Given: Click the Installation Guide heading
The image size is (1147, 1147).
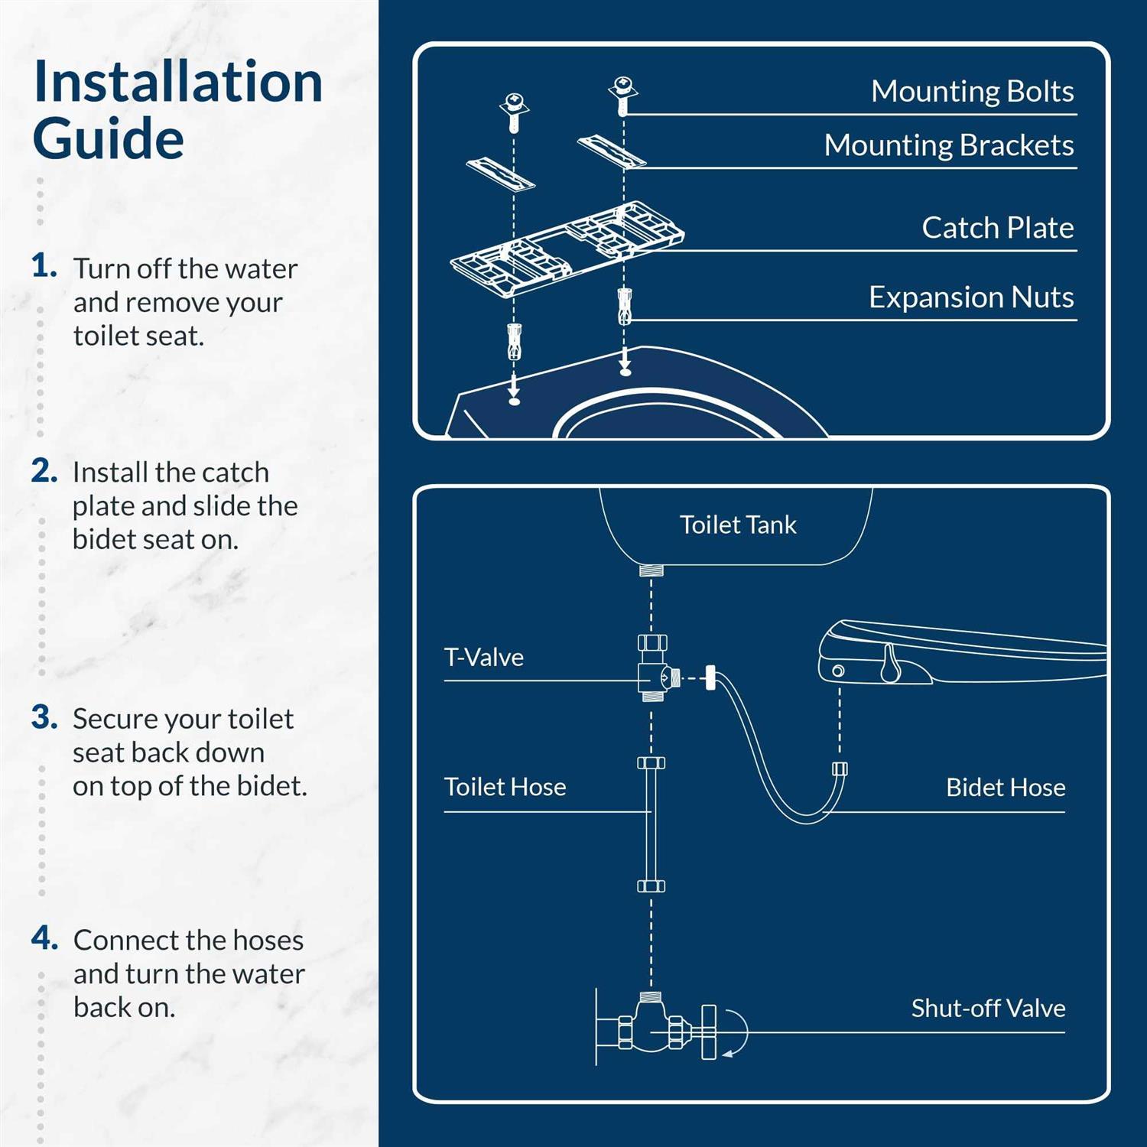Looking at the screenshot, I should [177, 111].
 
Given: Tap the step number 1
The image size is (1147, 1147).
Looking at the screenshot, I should [44, 266].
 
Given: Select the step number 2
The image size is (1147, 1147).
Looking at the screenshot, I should [44, 470].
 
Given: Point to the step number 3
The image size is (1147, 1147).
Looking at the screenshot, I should [44, 717].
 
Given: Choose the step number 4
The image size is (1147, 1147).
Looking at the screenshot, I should [44, 937].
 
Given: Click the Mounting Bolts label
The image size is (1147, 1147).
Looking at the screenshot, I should [972, 91].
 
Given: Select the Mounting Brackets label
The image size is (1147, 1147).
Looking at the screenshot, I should [948, 145].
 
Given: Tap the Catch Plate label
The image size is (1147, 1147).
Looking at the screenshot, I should [997, 228].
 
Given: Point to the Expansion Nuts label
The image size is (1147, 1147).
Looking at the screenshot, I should [970, 297].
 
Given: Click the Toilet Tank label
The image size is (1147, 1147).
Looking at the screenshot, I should [738, 525].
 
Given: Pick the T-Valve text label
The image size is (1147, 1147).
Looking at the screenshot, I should [484, 658].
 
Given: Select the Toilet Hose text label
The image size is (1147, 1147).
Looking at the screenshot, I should [505, 787].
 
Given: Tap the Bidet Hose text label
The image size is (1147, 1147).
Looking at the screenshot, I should [1005, 787].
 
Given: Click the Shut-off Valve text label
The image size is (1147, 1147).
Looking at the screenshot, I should [988, 1008].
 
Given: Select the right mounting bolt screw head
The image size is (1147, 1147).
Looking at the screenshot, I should [623, 86].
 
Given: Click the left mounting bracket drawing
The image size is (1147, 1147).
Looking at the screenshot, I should [501, 174].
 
